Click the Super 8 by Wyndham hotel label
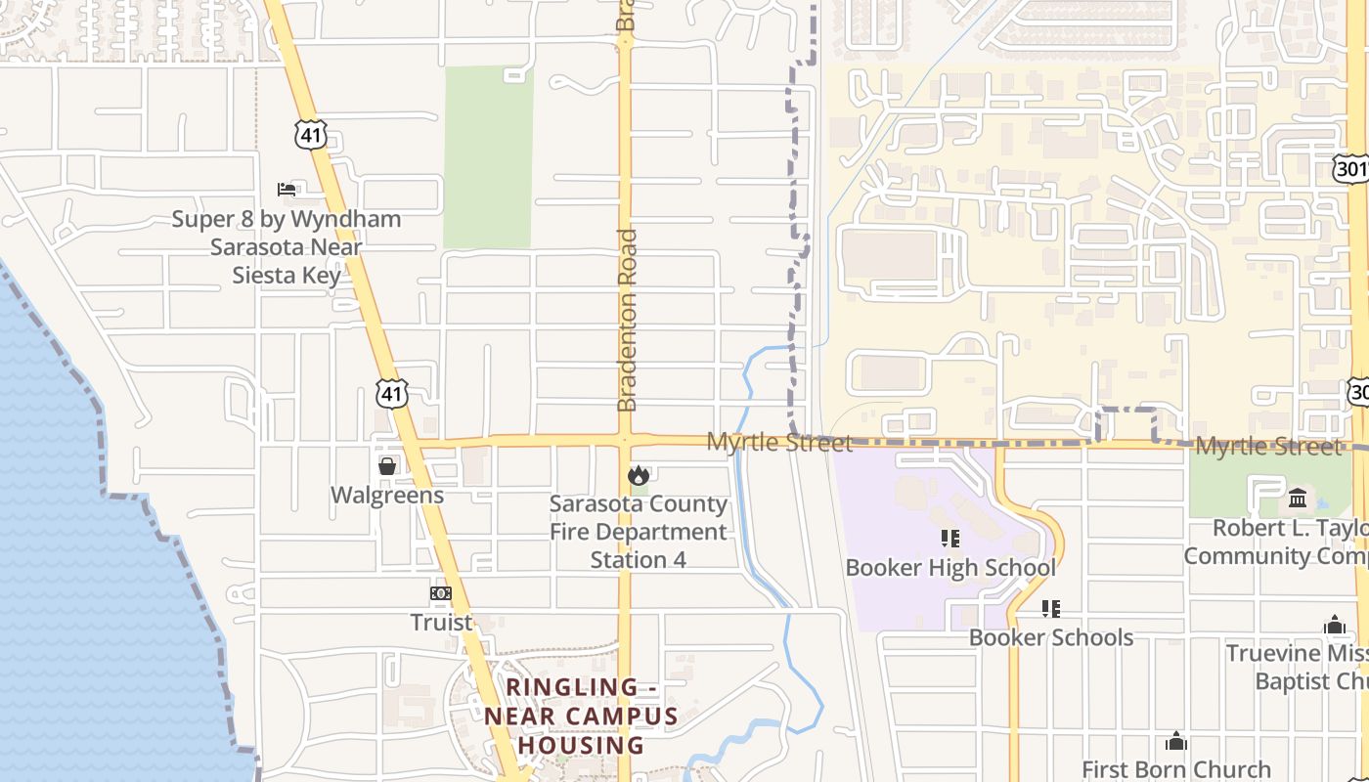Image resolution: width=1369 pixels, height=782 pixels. (x=287, y=246)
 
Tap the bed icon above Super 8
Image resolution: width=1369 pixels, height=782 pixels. (x=287, y=189)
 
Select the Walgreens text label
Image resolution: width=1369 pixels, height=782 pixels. (x=387, y=495)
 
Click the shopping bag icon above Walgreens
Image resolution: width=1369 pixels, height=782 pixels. (x=387, y=465)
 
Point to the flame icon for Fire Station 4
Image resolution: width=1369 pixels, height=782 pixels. (x=639, y=475)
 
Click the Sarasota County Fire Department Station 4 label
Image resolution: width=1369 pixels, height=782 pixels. (x=639, y=532)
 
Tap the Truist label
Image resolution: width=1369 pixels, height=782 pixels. (x=441, y=622)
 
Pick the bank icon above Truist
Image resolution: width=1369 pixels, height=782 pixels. (x=441, y=593)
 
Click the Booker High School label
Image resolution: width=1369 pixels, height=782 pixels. (x=950, y=567)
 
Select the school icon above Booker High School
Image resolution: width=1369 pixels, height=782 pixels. (x=950, y=538)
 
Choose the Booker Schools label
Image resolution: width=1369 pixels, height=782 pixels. (x=1051, y=637)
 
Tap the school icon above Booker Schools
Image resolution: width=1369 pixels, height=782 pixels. (x=1051, y=609)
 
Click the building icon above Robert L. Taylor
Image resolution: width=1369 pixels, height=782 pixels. (x=1298, y=499)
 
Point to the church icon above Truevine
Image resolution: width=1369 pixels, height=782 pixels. (x=1335, y=626)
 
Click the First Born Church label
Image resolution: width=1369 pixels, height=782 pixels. (x=1176, y=769)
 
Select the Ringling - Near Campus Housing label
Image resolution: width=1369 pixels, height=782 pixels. (x=581, y=717)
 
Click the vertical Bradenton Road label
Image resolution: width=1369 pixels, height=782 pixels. (x=627, y=320)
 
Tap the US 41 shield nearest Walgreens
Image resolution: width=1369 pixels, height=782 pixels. (x=392, y=394)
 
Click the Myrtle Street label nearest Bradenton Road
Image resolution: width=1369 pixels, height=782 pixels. (x=779, y=442)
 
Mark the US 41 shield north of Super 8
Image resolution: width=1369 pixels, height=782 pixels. (x=311, y=135)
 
